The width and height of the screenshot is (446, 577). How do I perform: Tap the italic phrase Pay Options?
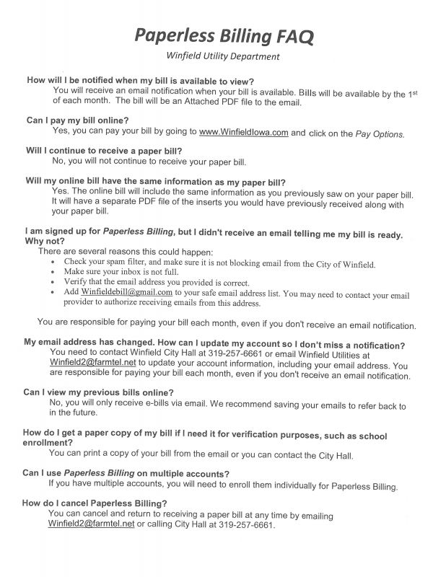click(381, 133)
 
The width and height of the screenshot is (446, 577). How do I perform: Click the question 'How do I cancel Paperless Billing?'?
click(95, 503)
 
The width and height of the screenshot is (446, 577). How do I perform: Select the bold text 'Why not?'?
click(44, 240)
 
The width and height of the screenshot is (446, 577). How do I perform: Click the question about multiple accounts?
click(126, 474)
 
